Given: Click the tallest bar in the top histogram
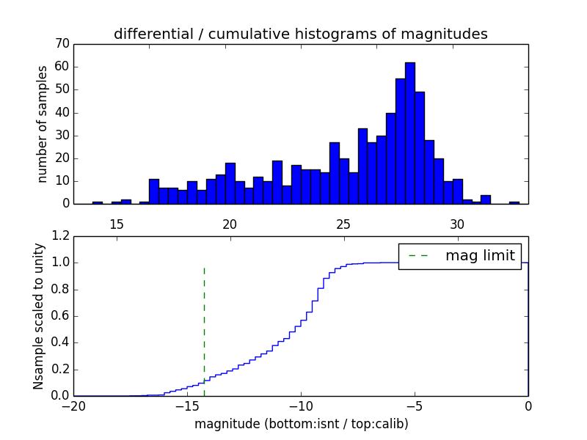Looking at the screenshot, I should (410, 132).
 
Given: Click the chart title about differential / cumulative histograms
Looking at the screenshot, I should (300, 34).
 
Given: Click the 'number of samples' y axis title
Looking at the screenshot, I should (43, 124).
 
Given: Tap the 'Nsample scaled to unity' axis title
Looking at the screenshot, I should (38, 317).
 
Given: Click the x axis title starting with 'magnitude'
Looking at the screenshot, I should (301, 424).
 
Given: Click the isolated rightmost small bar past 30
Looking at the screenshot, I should (514, 202).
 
